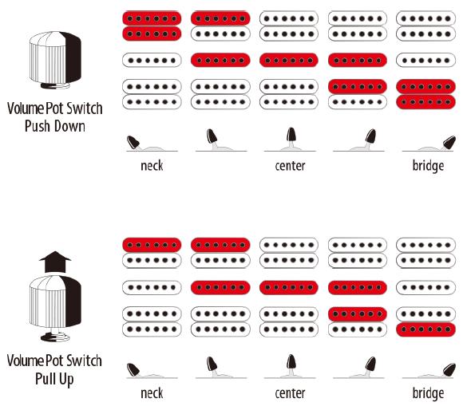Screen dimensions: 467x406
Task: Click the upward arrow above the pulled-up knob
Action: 55,262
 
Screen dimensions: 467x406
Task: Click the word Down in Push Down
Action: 69,126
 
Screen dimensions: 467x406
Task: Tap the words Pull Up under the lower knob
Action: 54,379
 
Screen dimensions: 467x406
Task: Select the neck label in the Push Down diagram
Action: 152,166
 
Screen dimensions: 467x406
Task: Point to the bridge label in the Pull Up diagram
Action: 428,393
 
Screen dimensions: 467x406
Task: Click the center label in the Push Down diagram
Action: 290,166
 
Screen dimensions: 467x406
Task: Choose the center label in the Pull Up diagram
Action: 290,393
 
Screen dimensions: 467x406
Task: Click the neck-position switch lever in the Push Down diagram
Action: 133,142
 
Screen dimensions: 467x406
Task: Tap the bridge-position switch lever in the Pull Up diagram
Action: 449,370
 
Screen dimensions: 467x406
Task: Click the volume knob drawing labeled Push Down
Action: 55,61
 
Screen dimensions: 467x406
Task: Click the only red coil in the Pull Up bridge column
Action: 426,329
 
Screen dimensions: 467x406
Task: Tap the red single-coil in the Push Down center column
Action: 289,60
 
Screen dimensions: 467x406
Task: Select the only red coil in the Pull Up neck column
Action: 152,245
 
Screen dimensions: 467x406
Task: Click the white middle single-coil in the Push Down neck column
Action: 152,60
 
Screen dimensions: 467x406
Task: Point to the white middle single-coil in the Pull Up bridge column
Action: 426,287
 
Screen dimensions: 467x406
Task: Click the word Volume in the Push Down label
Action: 26,108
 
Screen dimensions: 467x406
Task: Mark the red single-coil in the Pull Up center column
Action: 289,287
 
